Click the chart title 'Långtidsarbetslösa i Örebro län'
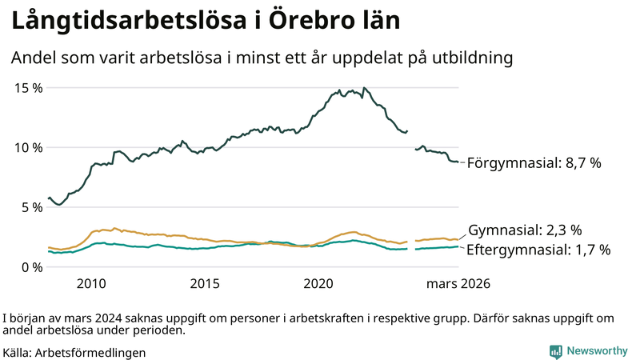point(205,21)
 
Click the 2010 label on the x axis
point(91,283)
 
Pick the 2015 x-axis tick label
point(205,283)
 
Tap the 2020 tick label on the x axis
point(318,283)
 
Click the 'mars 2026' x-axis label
point(458,283)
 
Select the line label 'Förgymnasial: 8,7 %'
point(534,162)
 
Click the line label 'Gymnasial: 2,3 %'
point(524,230)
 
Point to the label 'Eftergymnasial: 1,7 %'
point(538,250)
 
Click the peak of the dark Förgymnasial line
point(364,88)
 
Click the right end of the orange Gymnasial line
point(458,239)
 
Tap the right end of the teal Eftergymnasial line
point(458,246)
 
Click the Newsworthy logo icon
point(555,350)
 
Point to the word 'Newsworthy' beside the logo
point(598,350)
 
